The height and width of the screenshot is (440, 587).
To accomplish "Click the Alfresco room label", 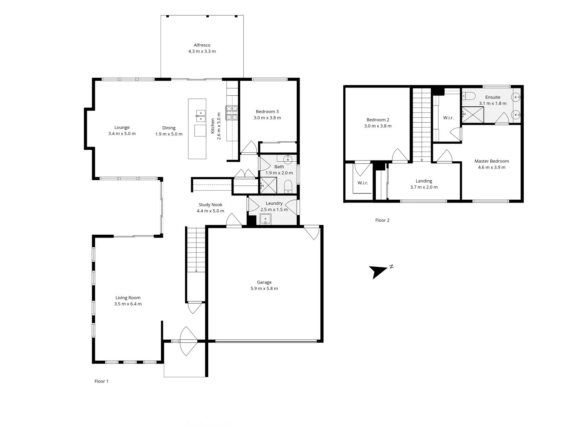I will tap(202, 45).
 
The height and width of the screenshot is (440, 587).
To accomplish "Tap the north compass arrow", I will tap(378, 271).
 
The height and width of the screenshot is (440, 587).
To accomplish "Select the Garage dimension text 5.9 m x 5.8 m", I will tap(264, 288).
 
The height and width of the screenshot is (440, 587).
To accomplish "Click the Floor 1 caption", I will tap(102, 381).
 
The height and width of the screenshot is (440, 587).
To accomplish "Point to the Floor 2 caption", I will tap(382, 220).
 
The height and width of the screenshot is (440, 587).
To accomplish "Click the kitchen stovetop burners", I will tap(232, 113).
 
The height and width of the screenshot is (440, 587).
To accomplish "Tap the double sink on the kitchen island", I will tap(201, 116).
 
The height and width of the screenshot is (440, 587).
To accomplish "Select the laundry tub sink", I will tap(265, 220).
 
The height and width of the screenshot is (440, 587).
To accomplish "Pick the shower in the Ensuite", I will tap(473, 114).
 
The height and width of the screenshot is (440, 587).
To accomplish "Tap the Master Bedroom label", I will tap(492, 161).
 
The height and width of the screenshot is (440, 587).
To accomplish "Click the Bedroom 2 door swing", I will tap(399, 155).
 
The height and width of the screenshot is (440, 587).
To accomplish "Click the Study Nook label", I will tap(210, 205).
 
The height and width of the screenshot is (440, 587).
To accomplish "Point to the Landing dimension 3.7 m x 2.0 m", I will tap(424, 187).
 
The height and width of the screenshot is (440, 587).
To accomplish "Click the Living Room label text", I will tap(128, 298).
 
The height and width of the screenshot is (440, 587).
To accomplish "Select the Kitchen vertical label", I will tap(212, 126).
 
